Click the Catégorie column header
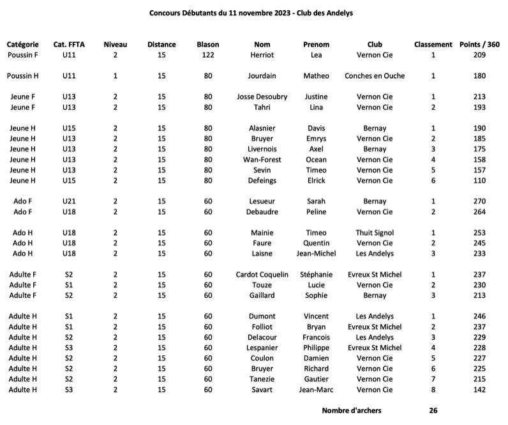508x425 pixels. coord(22,45)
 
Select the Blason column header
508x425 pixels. coord(208,45)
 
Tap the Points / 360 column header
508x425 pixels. coord(479,45)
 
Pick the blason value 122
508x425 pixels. coord(208,56)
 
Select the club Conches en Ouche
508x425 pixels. coord(375,76)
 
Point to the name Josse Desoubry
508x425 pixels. coord(262,97)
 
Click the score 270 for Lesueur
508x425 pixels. coord(480,201)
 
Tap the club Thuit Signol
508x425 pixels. coord(375,233)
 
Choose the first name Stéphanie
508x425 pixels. coord(317,275)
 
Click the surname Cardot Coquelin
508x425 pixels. coord(262,275)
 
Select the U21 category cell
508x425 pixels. coord(70,201)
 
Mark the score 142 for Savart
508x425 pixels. coord(480,390)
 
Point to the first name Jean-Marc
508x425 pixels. coord(317,390)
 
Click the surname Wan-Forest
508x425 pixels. coord(262,160)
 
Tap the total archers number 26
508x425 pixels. coord(433,410)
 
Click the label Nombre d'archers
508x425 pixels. coord(352,410)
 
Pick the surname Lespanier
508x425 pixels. coord(262,348)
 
